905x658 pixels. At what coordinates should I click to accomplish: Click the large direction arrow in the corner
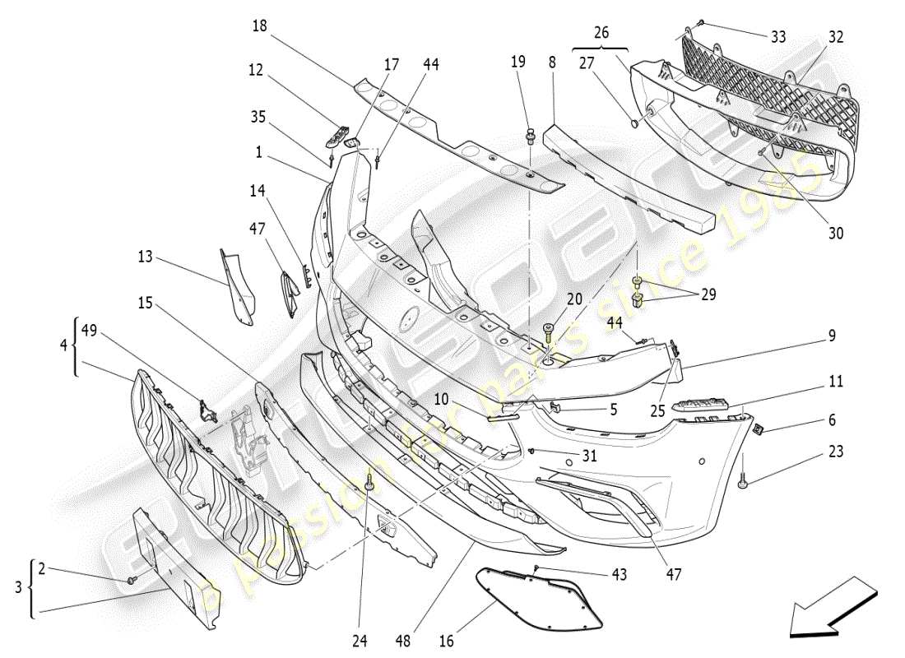(x=832, y=609)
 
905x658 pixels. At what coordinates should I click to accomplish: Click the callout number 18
(x=260, y=26)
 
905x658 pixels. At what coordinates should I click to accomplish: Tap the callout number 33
(x=778, y=37)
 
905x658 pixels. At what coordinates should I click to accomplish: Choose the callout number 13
(x=145, y=257)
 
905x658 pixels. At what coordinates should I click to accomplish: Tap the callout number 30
(x=836, y=234)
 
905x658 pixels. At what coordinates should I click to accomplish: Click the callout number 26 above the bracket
(x=601, y=33)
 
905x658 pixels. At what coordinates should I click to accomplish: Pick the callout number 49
(x=89, y=331)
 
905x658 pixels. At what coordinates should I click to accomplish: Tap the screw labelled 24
(x=369, y=487)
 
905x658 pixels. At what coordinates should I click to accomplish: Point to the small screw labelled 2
(x=131, y=582)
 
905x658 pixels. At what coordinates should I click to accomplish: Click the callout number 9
(x=832, y=336)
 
